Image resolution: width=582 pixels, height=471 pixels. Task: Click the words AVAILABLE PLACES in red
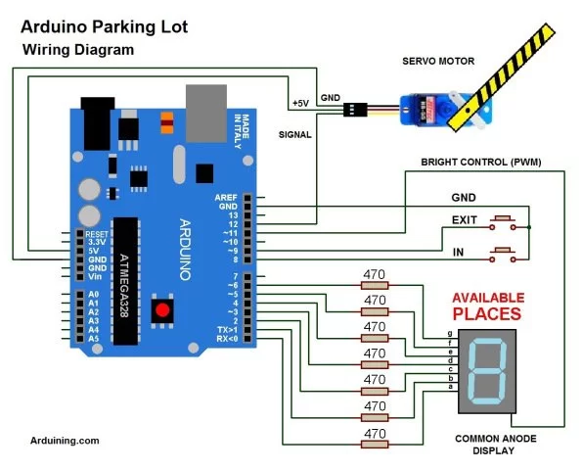tap(486, 306)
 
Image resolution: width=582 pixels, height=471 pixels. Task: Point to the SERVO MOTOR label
tap(438, 61)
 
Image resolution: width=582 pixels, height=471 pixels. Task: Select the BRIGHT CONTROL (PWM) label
tap(480, 162)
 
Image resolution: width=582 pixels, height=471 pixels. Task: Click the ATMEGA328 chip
tap(124, 279)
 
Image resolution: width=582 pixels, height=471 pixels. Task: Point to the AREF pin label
tap(225, 198)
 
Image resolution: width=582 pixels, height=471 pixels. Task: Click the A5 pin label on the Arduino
tap(94, 338)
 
